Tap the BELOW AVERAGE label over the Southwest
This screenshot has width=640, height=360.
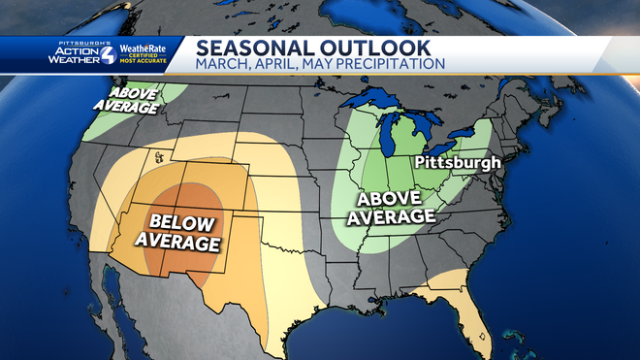(x=176, y=231)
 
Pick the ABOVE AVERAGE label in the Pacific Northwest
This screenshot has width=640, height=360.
(x=125, y=100)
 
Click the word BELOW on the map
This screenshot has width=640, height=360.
(x=176, y=221)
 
